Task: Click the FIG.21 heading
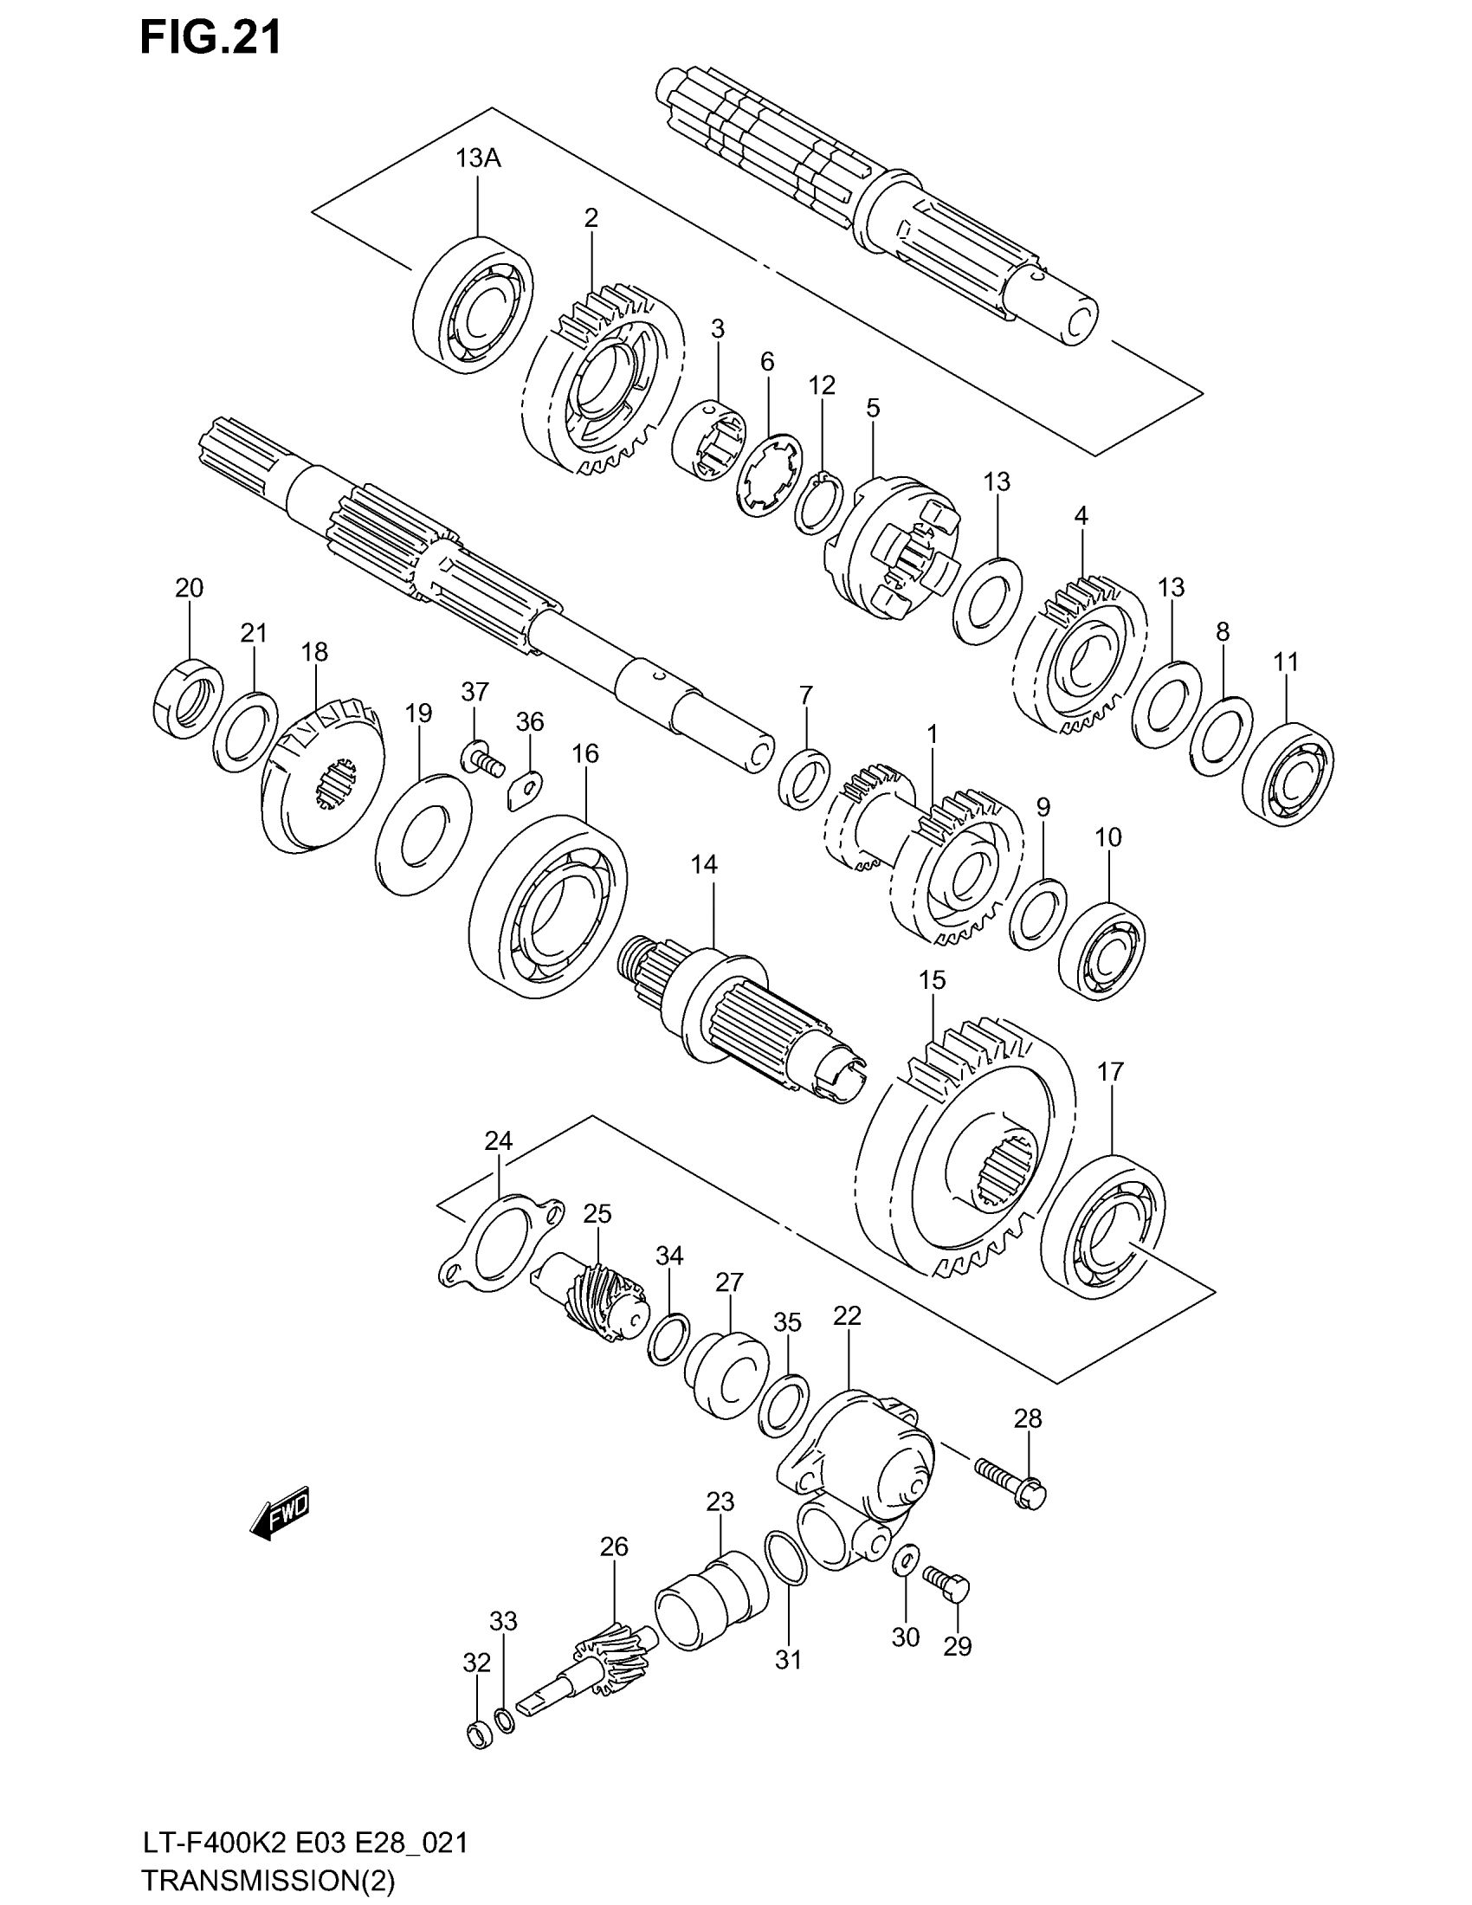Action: tap(211, 39)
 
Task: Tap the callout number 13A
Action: tap(478, 158)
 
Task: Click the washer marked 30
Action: tap(906, 1560)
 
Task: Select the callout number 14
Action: tap(704, 864)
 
